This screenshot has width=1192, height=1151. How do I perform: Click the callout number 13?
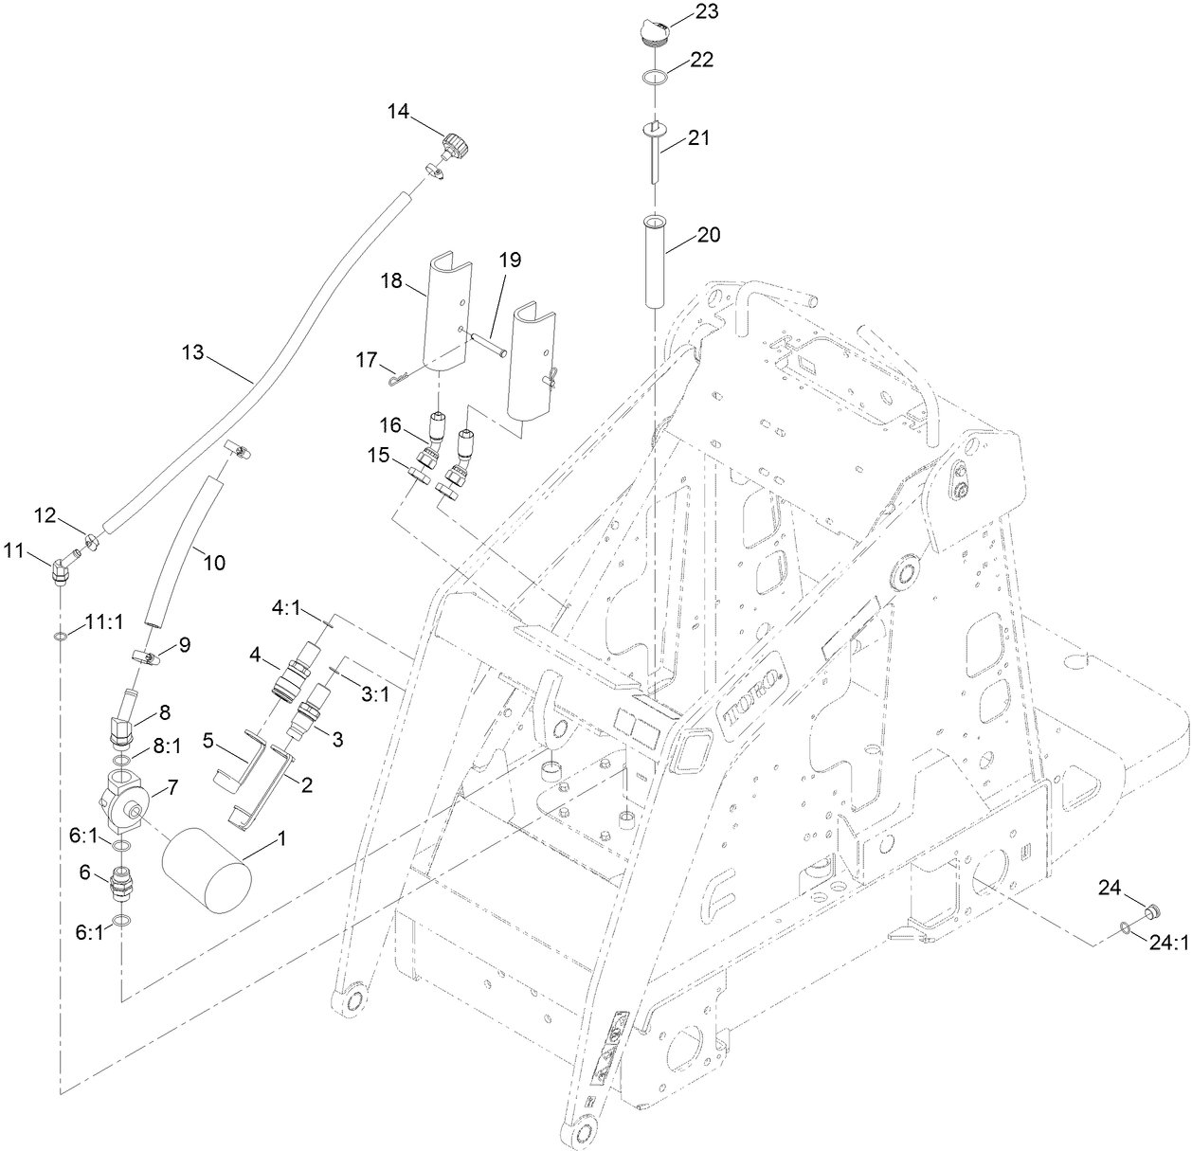tap(192, 352)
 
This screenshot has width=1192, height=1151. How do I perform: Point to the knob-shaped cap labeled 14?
tap(455, 147)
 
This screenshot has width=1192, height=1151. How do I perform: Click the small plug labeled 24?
tap(1147, 912)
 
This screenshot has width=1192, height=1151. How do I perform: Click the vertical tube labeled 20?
tap(655, 261)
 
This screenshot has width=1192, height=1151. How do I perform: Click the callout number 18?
tap(391, 281)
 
